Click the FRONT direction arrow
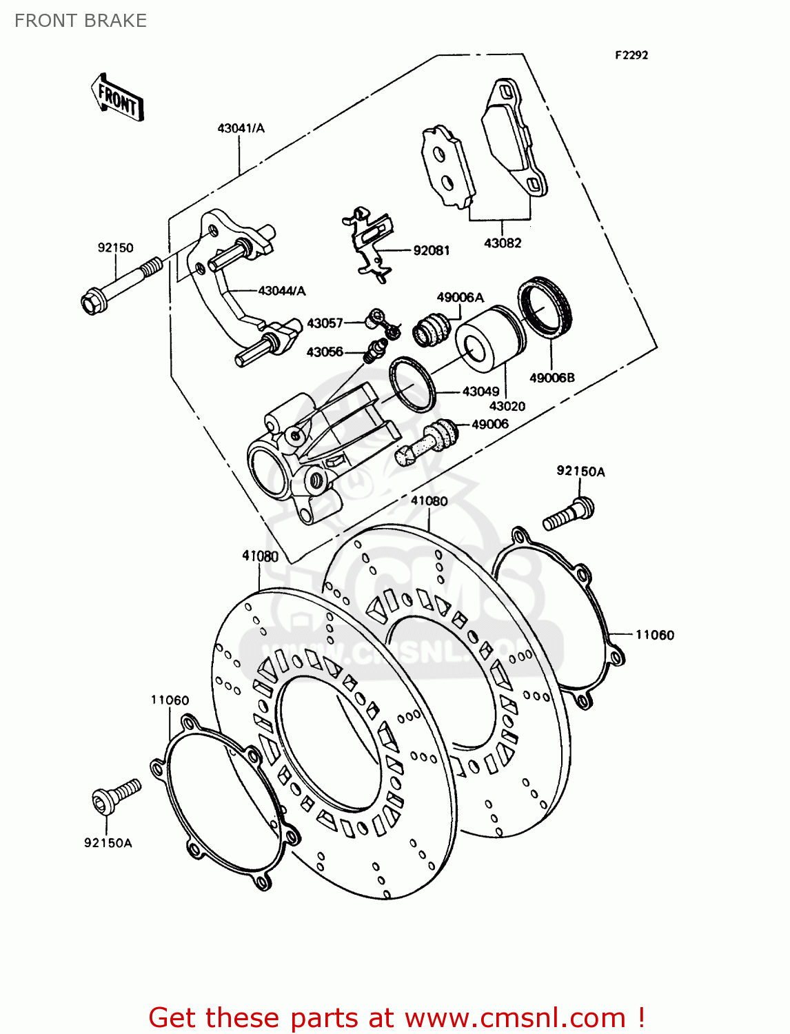tap(118, 99)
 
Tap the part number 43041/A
tap(241, 128)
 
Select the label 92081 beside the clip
tap(431, 250)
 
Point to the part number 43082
tap(503, 243)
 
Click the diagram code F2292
tap(631, 55)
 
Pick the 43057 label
tap(325, 323)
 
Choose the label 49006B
tap(551, 378)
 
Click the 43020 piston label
tap(507, 406)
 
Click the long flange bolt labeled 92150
tap(120, 286)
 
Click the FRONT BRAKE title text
tap(81, 21)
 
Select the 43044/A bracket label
tap(282, 291)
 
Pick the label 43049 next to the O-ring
tap(480, 392)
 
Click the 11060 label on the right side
tap(654, 635)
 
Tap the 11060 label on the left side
tap(170, 700)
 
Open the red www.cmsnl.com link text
tap(514, 1017)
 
